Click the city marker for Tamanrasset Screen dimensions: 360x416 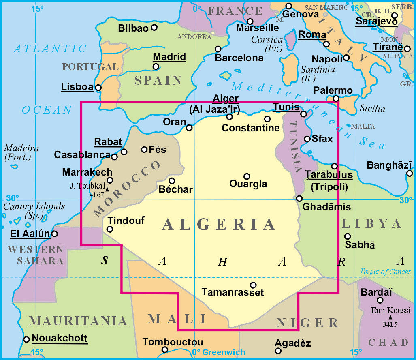pyautogui.click(x=253, y=285)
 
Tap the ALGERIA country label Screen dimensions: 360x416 pyautogui.click(x=219, y=225)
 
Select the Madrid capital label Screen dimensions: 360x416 pyautogui.click(x=169, y=57)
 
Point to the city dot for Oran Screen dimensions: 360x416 pyautogui.click(x=189, y=128)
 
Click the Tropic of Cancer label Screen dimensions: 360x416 pyautogui.click(x=385, y=272)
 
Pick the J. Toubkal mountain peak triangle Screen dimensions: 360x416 pyautogui.click(x=107, y=189)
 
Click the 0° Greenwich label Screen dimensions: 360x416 pyautogui.click(x=219, y=352)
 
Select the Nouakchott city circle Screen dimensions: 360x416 pyautogui.click(x=27, y=339)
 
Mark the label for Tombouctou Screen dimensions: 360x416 pyautogui.click(x=173, y=342)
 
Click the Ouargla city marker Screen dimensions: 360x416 pyautogui.click(x=246, y=176)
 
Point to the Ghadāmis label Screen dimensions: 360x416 pyautogui.click(x=326, y=207)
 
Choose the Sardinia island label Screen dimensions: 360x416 pyautogui.click(x=318, y=69)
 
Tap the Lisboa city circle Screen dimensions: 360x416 pyautogui.click(x=98, y=87)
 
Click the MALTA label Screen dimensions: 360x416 pyautogui.click(x=363, y=126)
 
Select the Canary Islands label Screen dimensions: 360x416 pyautogui.click(x=34, y=206)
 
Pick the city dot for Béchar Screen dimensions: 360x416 pyautogui.click(x=172, y=181)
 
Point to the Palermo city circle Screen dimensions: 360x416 pyautogui.click(x=336, y=99)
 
